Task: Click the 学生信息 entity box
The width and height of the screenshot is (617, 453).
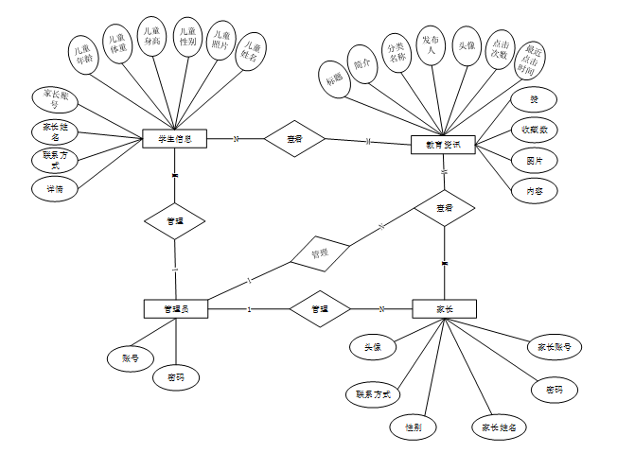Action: (174, 139)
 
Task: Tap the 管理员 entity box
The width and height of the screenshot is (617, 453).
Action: (175, 308)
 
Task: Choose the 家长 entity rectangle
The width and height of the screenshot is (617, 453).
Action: (445, 308)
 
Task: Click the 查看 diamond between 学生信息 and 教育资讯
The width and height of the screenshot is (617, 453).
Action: (295, 139)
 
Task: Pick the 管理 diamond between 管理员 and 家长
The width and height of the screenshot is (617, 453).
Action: (320, 308)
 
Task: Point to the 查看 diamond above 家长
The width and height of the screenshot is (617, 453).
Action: (444, 207)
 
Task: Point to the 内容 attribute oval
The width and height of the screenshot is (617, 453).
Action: (535, 191)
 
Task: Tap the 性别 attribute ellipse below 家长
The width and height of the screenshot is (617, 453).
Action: (414, 427)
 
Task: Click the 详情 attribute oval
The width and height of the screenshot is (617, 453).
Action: (55, 188)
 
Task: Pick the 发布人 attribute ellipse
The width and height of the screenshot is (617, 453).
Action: (430, 43)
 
